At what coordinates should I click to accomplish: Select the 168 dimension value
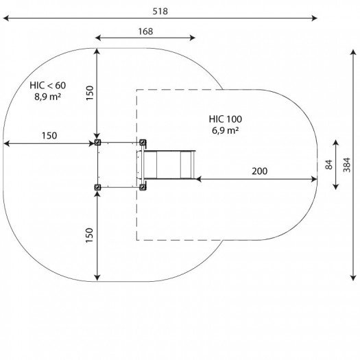145,31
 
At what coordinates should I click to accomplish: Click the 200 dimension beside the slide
259,171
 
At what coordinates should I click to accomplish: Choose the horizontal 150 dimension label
49,136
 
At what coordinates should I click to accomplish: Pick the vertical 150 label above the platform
89,93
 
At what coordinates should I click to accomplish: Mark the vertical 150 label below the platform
89,235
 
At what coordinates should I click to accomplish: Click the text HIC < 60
48,85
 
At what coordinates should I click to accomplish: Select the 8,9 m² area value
48,97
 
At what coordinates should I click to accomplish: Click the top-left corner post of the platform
97,143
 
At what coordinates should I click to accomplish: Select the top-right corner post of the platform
143,143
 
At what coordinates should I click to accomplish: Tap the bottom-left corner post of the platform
97,187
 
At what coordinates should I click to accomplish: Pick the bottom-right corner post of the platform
143,187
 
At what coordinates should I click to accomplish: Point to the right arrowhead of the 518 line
315,19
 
